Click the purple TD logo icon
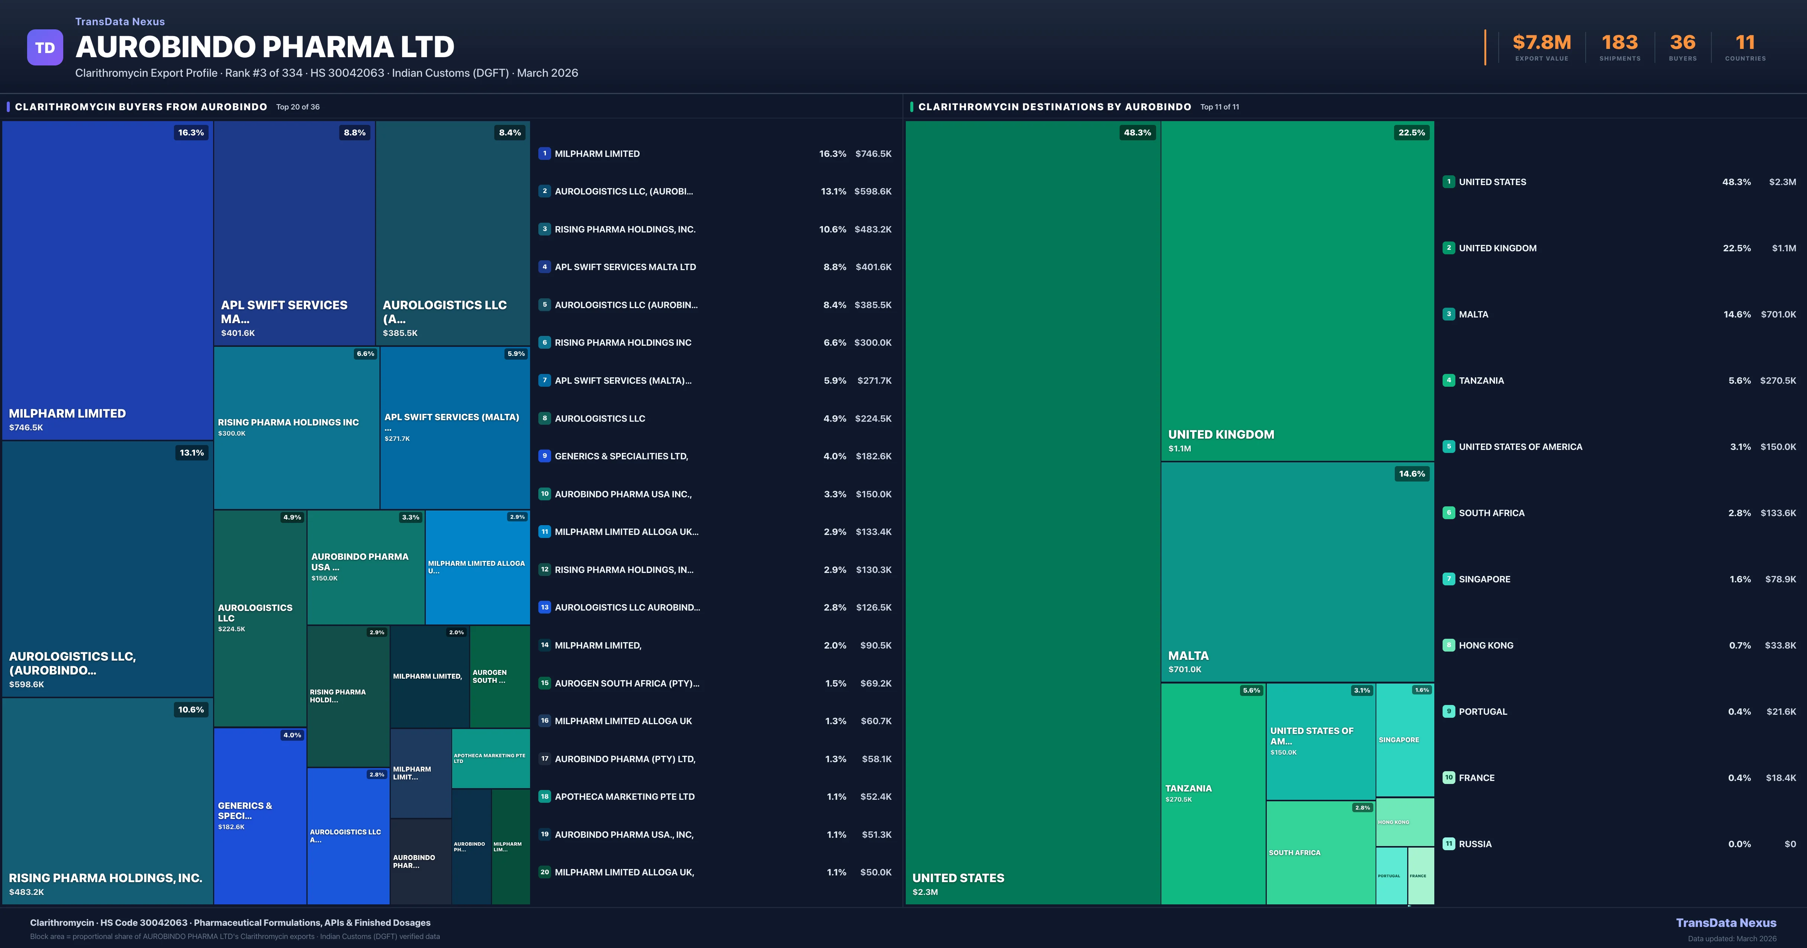[x=45, y=48]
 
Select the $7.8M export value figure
[x=1541, y=43]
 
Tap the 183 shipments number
[x=1619, y=43]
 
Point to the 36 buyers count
[x=1682, y=43]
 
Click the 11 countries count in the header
[x=1745, y=43]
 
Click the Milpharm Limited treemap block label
[x=67, y=414]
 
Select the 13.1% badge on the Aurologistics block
[x=192, y=453]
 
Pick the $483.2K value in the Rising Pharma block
[x=27, y=892]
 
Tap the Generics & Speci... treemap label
[x=245, y=811]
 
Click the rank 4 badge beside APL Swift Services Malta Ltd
[x=544, y=267]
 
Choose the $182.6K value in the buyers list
[x=873, y=456]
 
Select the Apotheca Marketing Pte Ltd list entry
[x=624, y=796]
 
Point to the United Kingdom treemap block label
[x=1220, y=435]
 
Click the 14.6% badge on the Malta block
[x=1411, y=474]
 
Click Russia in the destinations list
[x=1475, y=844]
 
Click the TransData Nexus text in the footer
[x=1726, y=923]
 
